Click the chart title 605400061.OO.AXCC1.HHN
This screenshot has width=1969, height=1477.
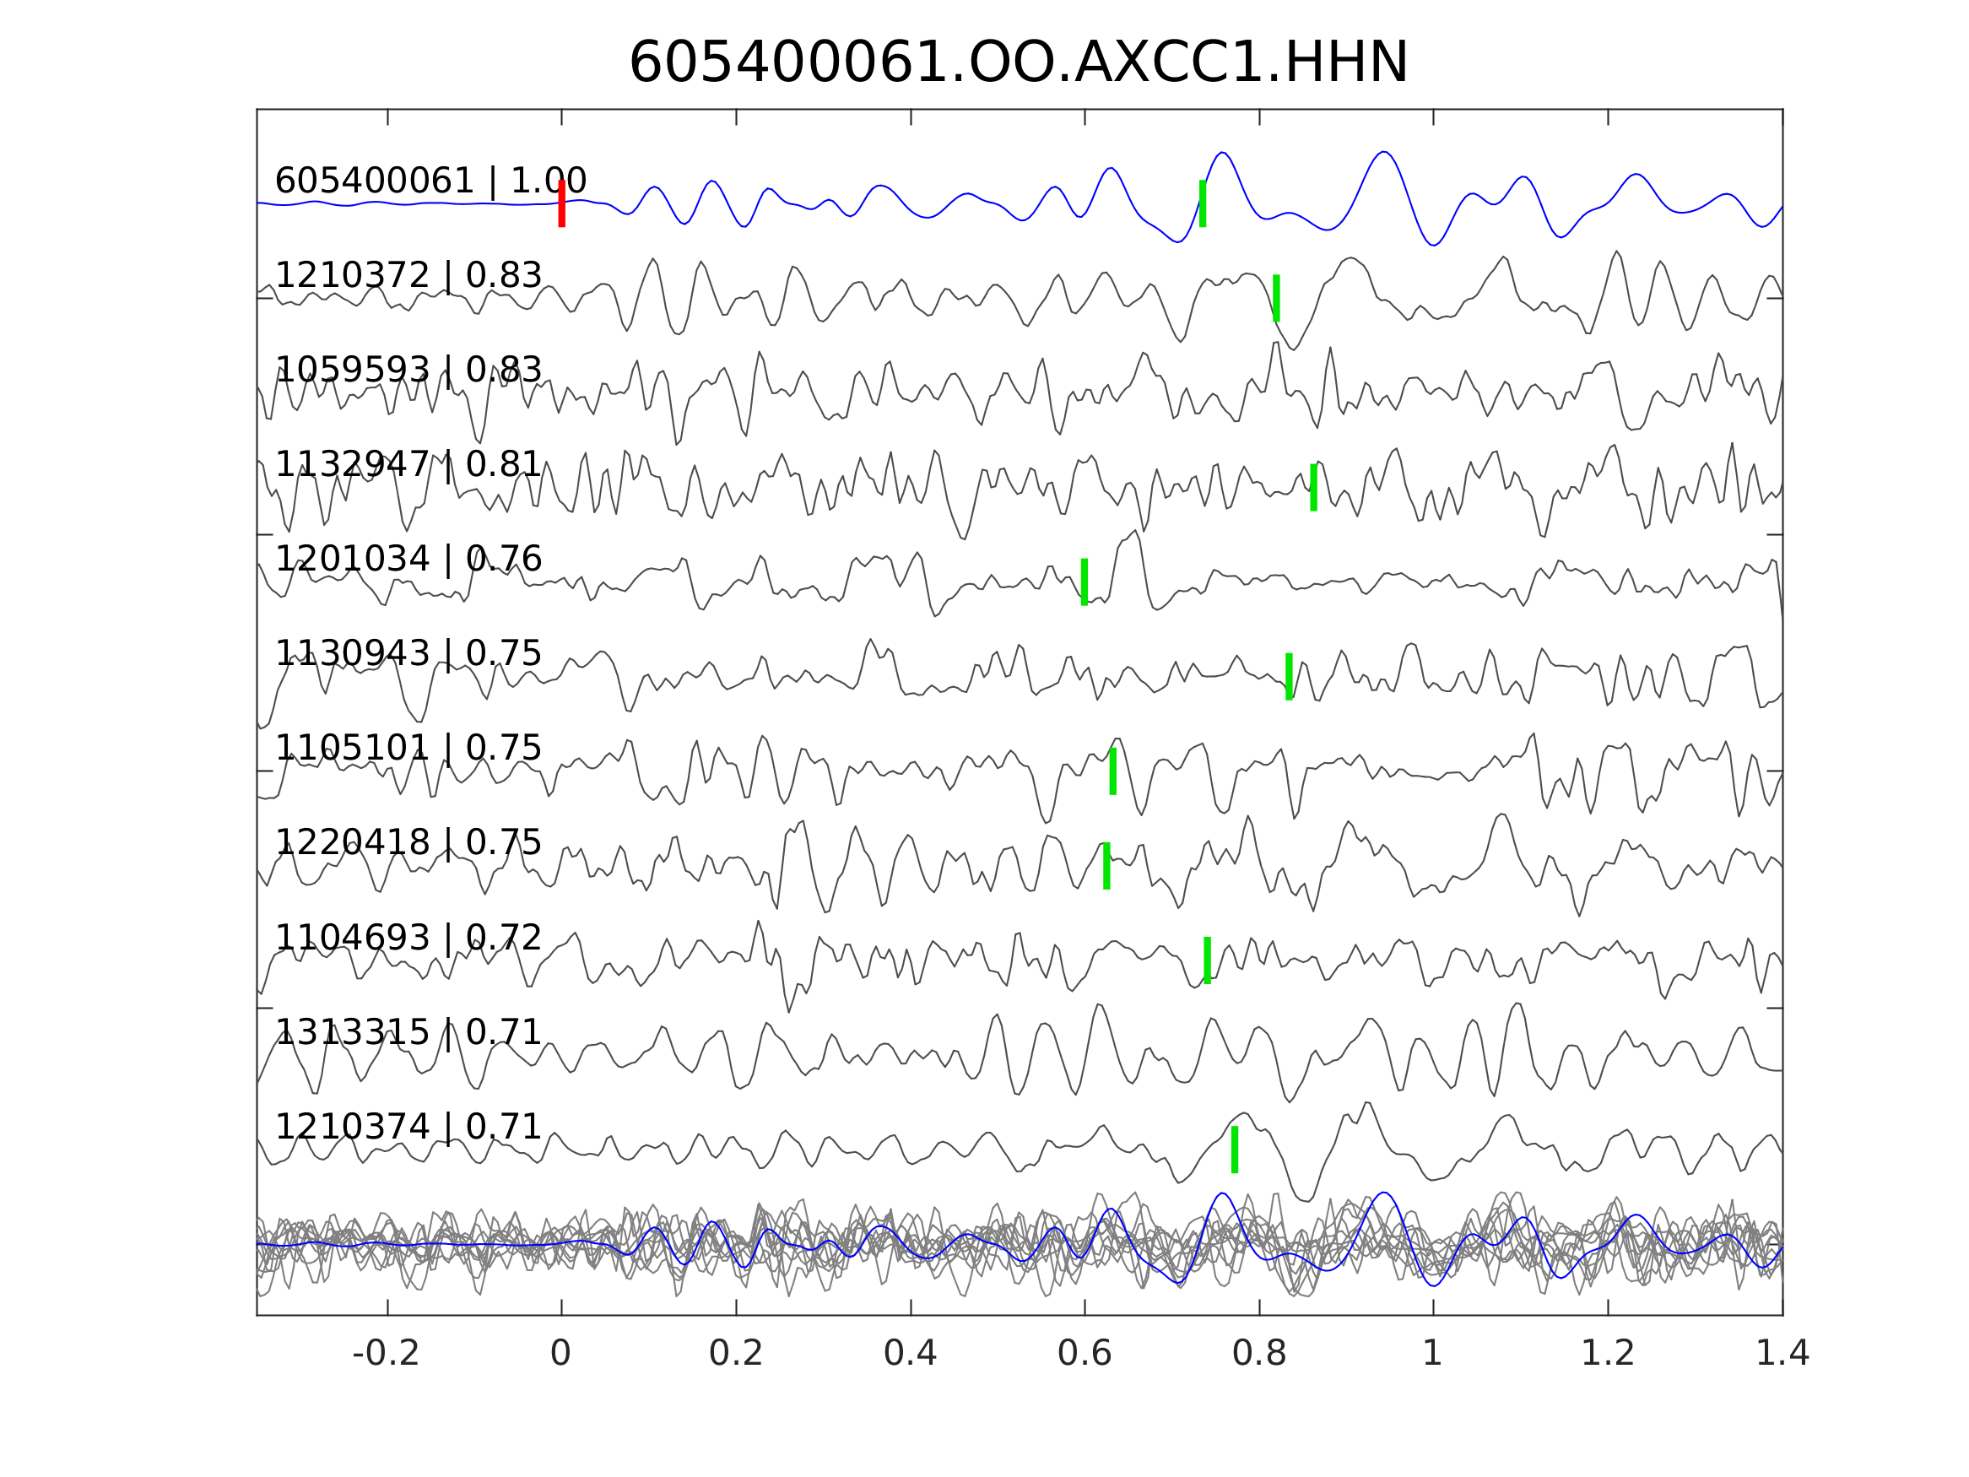tap(1018, 63)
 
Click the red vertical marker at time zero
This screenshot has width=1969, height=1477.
tap(562, 203)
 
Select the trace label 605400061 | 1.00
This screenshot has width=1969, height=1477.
tap(430, 181)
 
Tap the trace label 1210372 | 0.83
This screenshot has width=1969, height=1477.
tap(408, 275)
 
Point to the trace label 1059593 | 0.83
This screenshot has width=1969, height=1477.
tap(408, 370)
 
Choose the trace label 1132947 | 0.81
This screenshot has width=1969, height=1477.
tap(408, 464)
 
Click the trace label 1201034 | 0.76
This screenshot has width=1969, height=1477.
tap(408, 559)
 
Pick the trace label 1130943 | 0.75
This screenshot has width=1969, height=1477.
tap(408, 653)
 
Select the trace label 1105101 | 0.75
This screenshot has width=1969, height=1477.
tap(408, 748)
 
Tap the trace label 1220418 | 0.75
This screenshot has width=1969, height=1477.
tap(408, 842)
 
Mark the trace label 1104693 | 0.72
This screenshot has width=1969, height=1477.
tap(408, 938)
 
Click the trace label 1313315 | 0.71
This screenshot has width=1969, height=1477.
tap(408, 1032)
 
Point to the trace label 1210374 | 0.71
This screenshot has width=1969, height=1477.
tap(408, 1126)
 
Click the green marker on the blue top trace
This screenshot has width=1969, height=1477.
tap(1203, 203)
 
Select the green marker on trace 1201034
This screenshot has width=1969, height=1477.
tap(1085, 582)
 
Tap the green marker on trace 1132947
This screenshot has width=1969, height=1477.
tap(1314, 487)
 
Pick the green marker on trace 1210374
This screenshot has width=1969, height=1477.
tap(1235, 1150)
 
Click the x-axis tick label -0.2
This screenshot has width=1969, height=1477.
tap(386, 1354)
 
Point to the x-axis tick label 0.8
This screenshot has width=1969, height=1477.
tap(1258, 1354)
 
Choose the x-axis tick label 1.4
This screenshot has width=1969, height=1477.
tap(1782, 1354)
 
